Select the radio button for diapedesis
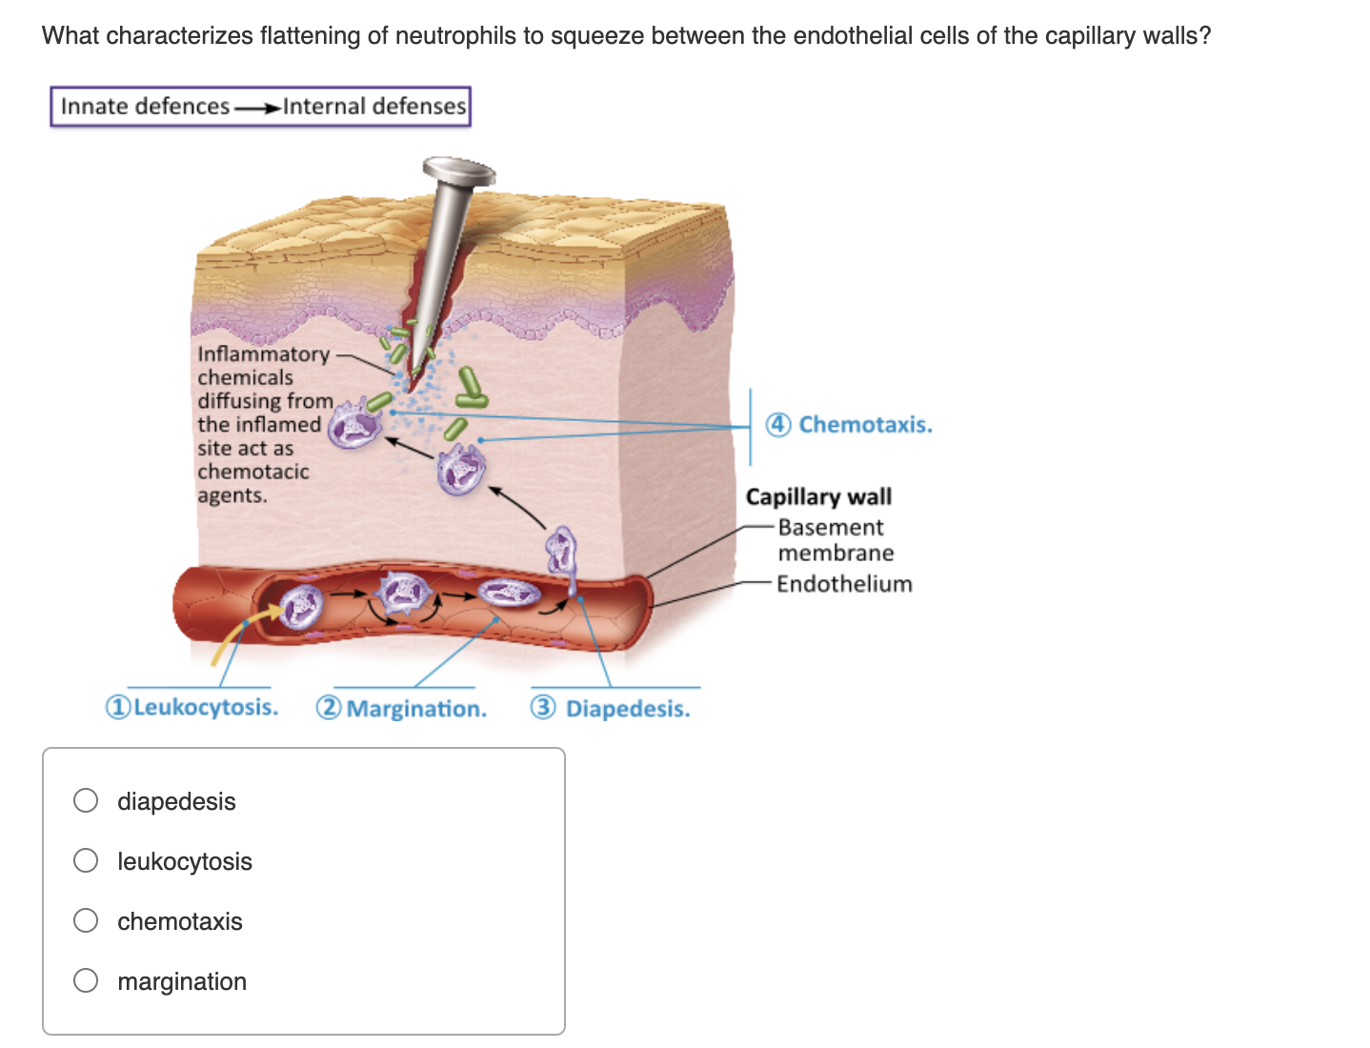coord(86,800)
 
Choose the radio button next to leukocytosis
coord(86,860)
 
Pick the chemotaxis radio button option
coord(86,920)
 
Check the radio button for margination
coord(86,980)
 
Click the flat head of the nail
coord(459,171)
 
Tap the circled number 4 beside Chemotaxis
coord(778,424)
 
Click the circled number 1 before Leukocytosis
coord(117,707)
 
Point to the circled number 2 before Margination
coord(329,708)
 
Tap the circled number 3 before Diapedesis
coord(543,708)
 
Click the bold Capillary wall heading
coord(818,496)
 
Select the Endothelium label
coord(844,583)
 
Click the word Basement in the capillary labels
coord(831,527)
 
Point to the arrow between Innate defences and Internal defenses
coord(256,107)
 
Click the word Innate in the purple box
coord(93,106)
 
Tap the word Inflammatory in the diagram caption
coord(263,353)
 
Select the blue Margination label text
coord(416,709)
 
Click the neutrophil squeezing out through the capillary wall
coord(562,553)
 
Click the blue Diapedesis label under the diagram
coord(628,709)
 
